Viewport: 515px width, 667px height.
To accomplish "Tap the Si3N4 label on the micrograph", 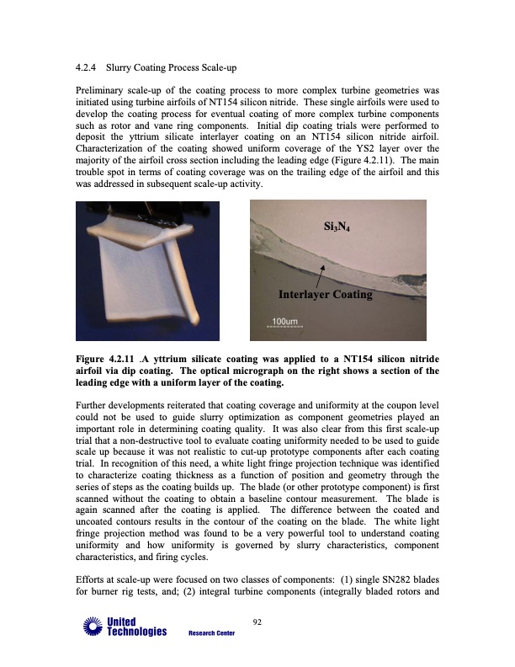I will [341, 227].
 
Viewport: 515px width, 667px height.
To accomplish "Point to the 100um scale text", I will [283, 321].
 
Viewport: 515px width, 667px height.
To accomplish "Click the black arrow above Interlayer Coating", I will [321, 274].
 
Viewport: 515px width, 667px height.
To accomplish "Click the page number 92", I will [257, 622].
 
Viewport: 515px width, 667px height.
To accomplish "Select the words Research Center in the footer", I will [211, 633].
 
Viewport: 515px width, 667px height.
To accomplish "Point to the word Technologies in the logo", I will [134, 632].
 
